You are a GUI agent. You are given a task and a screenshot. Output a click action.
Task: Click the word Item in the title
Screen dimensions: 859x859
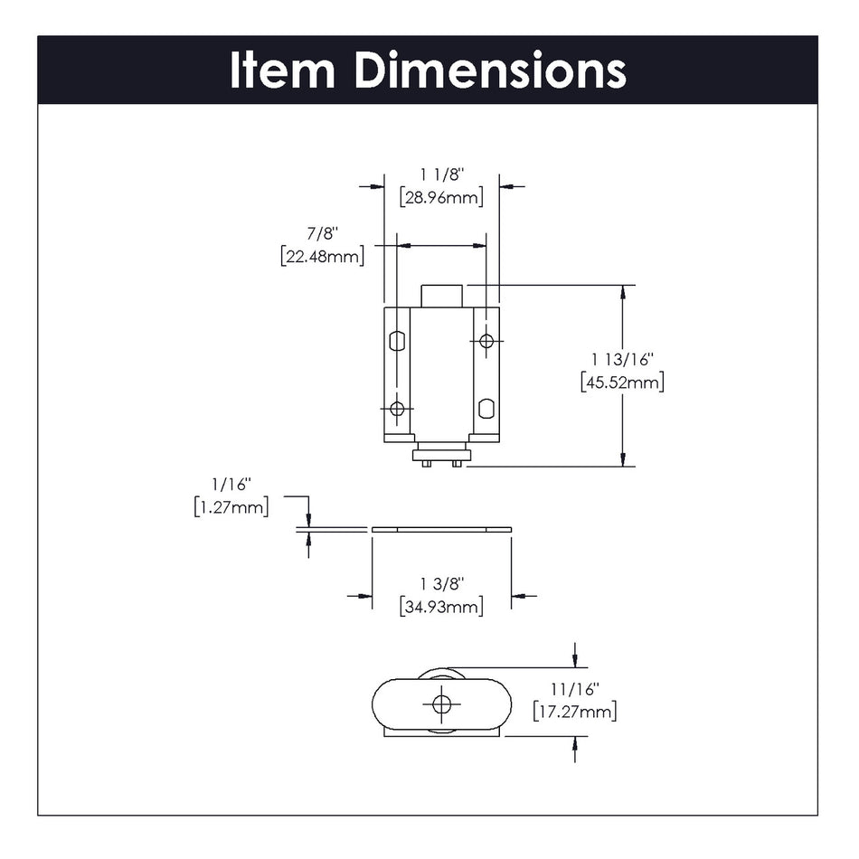click(282, 71)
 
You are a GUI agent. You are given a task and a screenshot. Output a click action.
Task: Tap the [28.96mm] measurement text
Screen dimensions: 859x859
click(441, 196)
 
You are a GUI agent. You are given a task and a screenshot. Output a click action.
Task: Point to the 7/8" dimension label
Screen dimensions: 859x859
click(323, 232)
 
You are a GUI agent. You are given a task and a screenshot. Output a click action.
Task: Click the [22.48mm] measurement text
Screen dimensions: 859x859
click(323, 256)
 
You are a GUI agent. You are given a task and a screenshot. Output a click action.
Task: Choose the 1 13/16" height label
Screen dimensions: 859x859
click(622, 359)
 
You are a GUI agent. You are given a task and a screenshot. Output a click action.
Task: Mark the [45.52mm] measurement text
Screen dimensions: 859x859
click(622, 382)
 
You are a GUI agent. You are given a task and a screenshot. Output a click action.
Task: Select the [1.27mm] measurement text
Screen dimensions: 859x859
click(231, 507)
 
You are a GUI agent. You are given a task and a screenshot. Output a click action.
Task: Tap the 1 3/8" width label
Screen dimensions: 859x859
click(441, 582)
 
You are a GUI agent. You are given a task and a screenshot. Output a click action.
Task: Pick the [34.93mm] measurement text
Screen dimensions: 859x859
click(441, 607)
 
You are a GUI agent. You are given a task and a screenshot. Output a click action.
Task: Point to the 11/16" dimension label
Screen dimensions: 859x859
click(575, 689)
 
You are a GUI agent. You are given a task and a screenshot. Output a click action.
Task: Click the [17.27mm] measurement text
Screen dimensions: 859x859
click(575, 713)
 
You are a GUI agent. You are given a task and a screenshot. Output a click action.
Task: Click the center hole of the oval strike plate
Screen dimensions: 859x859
click(441, 703)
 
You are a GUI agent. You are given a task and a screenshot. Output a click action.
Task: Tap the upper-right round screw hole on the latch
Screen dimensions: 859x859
click(486, 340)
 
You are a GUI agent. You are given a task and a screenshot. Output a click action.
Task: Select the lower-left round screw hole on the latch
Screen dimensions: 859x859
click(397, 408)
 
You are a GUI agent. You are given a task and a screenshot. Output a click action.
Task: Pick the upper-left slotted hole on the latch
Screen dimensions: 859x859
click(396, 341)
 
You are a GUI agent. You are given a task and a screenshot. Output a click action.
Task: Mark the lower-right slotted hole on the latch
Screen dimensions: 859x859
click(486, 408)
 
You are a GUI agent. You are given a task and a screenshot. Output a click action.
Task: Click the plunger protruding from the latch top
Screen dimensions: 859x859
click(442, 296)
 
